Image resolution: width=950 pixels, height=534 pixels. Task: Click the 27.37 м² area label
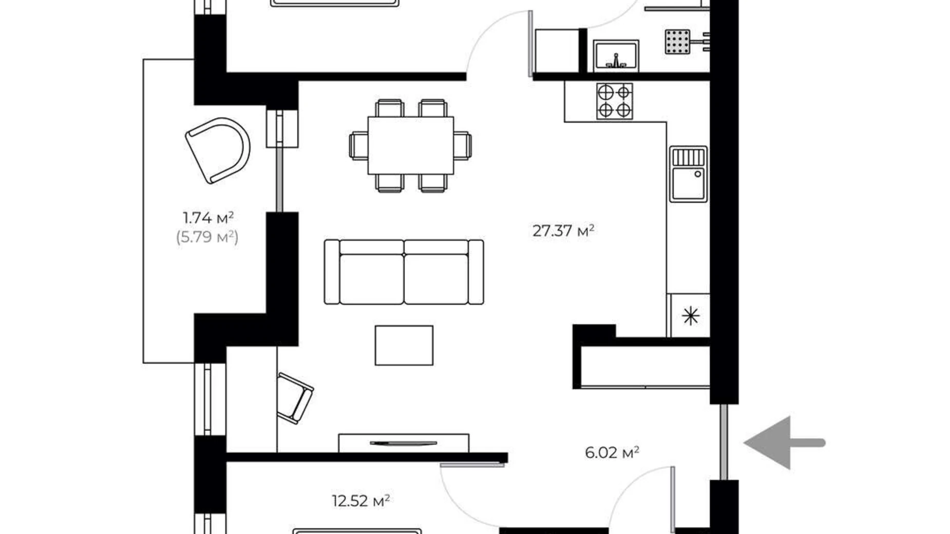[563, 231]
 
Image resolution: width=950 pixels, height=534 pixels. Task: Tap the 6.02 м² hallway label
[612, 452]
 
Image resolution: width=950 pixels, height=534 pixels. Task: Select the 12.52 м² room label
[360, 501]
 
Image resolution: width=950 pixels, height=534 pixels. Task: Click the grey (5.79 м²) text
[207, 237]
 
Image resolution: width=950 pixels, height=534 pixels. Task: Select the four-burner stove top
[614, 101]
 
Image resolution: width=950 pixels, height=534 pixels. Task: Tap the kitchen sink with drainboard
[688, 174]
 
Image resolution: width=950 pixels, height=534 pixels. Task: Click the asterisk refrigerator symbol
[691, 316]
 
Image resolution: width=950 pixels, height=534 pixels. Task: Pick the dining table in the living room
[410, 146]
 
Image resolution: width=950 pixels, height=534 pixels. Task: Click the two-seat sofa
[404, 272]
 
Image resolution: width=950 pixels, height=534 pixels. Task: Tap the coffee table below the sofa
[404, 346]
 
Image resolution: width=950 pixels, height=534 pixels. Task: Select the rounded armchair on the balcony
[218, 150]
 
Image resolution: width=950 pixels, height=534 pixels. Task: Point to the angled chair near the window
[294, 397]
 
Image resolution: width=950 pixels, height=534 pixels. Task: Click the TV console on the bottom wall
[403, 443]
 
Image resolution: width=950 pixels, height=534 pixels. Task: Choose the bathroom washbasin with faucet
[616, 56]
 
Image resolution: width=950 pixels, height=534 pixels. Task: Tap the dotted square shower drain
[677, 42]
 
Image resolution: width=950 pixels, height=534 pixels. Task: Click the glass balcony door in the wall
[279, 179]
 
